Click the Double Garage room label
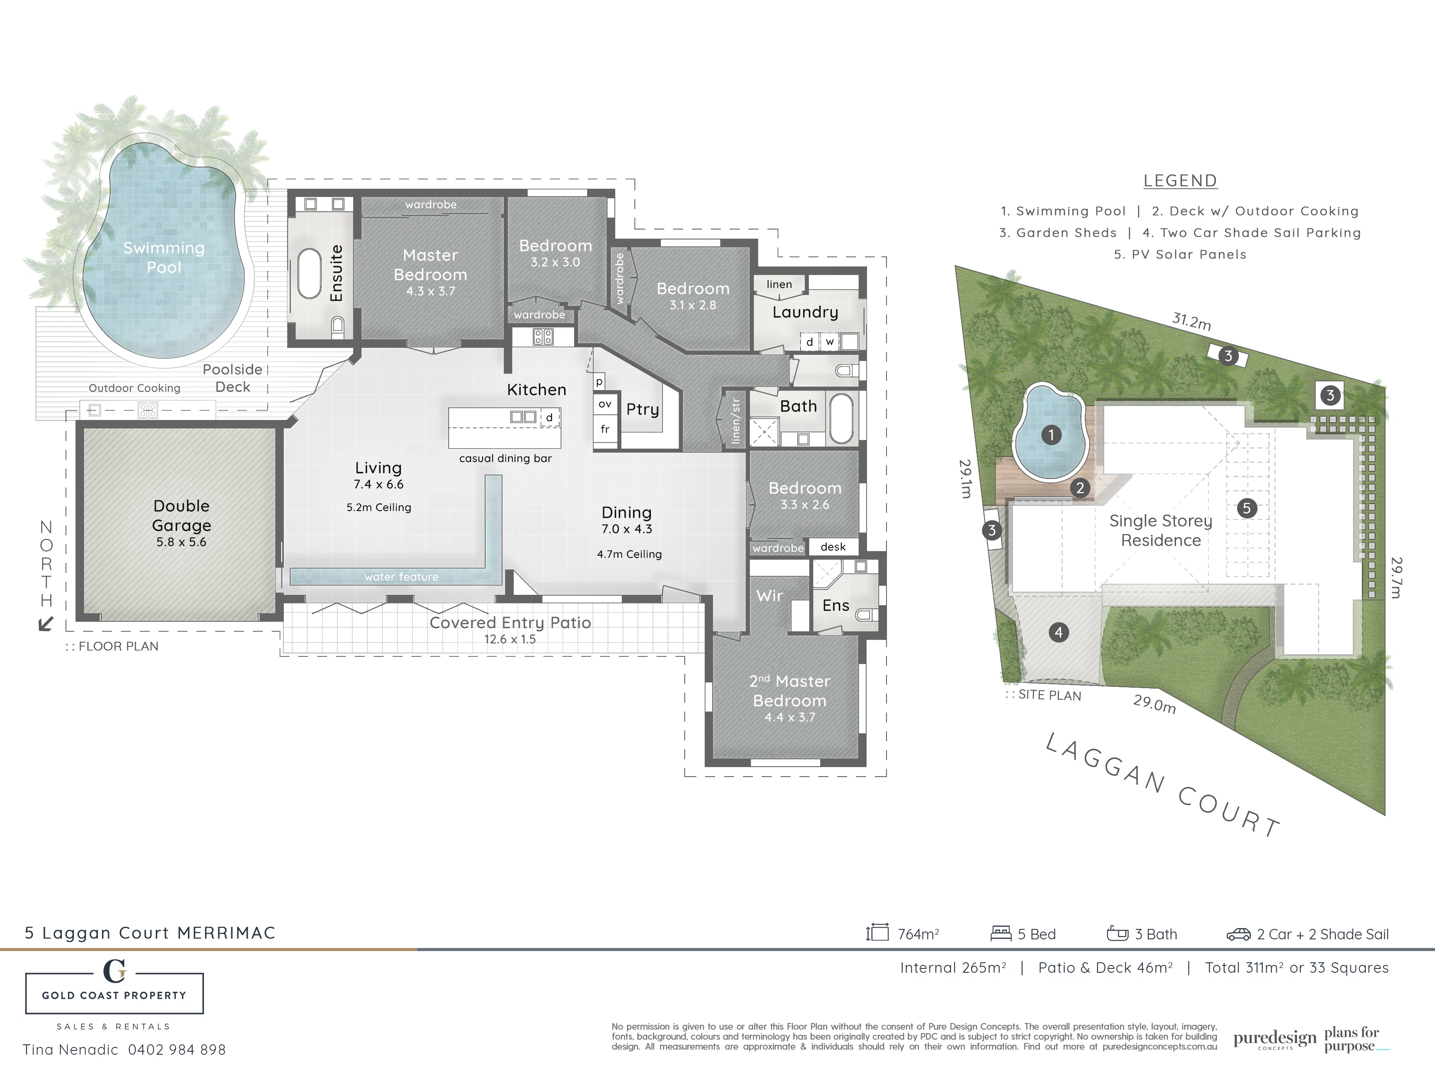182,515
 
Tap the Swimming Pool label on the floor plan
164,257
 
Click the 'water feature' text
401,577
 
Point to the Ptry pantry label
642,410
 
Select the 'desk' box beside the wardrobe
833,547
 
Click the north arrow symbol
46,624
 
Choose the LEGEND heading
1180,181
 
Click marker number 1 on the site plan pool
1051,435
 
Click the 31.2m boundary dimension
1191,321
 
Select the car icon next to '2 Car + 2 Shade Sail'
1238,935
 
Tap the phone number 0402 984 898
177,1050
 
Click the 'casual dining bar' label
506,459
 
